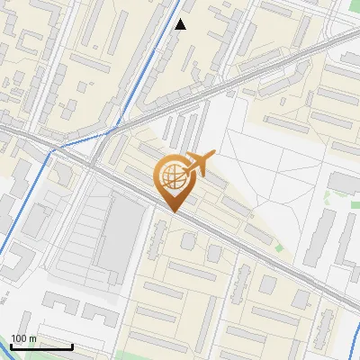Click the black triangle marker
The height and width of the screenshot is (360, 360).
[x=181, y=24]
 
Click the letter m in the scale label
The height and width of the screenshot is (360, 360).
[x=33, y=338]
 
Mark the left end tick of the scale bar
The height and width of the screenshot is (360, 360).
[x=10, y=346]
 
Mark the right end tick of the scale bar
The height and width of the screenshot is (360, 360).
[x=72, y=346]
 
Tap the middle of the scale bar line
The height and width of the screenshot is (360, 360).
[x=40, y=347]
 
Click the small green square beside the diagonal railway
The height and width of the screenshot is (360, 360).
[x=279, y=247]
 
